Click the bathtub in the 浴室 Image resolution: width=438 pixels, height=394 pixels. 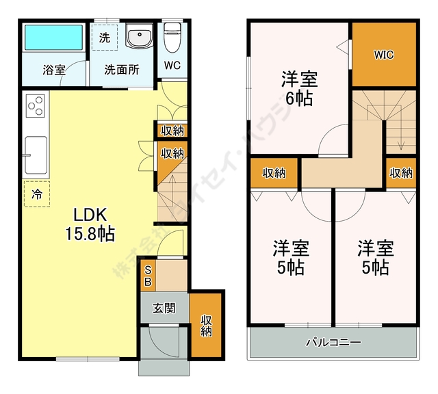[x=53, y=38]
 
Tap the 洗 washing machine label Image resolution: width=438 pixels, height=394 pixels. [x=104, y=38]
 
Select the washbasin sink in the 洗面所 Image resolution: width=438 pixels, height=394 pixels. [x=141, y=37]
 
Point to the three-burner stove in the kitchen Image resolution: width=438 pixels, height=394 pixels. [x=36, y=106]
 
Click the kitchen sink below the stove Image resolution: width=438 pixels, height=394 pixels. [x=36, y=155]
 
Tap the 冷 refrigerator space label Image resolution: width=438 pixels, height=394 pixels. [x=36, y=194]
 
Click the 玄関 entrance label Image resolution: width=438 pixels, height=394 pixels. [x=163, y=308]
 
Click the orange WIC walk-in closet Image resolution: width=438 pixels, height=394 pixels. [x=383, y=55]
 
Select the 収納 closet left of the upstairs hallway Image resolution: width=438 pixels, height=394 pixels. [x=274, y=173]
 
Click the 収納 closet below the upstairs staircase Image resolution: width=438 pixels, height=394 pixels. [x=402, y=173]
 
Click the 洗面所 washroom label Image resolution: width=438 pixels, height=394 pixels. [x=122, y=69]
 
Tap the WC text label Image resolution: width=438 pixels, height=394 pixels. [x=172, y=67]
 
